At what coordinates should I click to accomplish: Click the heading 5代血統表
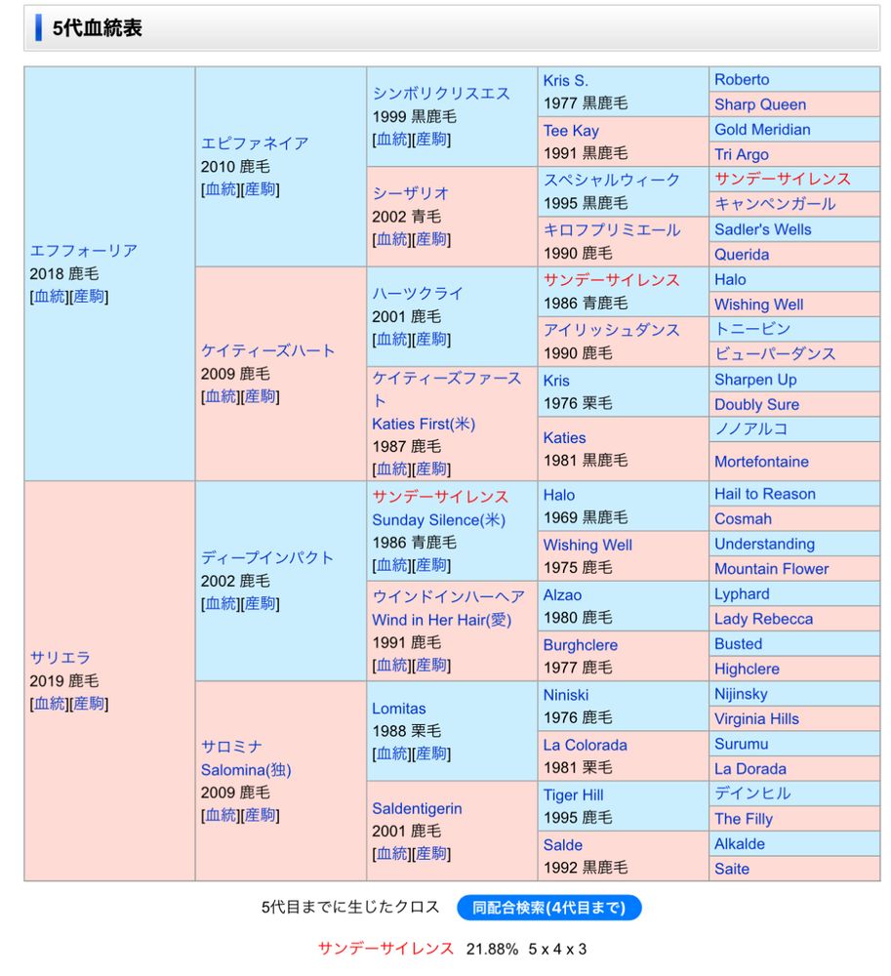pyautogui.click(x=98, y=28)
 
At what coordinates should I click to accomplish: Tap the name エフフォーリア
pyautogui.click(x=84, y=251)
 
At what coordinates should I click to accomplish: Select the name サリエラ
pyautogui.click(x=61, y=658)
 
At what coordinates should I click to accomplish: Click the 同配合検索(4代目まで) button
pyautogui.click(x=548, y=908)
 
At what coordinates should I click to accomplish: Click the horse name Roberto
pyautogui.click(x=742, y=80)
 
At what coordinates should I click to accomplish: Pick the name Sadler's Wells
pyautogui.click(x=762, y=229)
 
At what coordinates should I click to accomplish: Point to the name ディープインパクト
pyautogui.click(x=267, y=558)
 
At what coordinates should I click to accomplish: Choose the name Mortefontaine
pyautogui.click(x=761, y=462)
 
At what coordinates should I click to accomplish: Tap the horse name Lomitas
pyautogui.click(x=398, y=709)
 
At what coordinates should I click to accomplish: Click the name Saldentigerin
pyautogui.click(x=417, y=808)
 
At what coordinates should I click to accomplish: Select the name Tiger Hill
pyautogui.click(x=574, y=795)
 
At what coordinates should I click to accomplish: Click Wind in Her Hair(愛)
pyautogui.click(x=441, y=620)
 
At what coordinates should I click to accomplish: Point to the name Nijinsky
pyautogui.click(x=741, y=694)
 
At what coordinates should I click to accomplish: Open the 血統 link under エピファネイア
pyautogui.click(x=221, y=189)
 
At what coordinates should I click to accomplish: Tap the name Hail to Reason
pyautogui.click(x=764, y=494)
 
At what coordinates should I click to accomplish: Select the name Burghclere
pyautogui.click(x=580, y=645)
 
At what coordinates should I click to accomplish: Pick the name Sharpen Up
pyautogui.click(x=755, y=380)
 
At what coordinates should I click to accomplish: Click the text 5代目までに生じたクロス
pyautogui.click(x=350, y=908)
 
